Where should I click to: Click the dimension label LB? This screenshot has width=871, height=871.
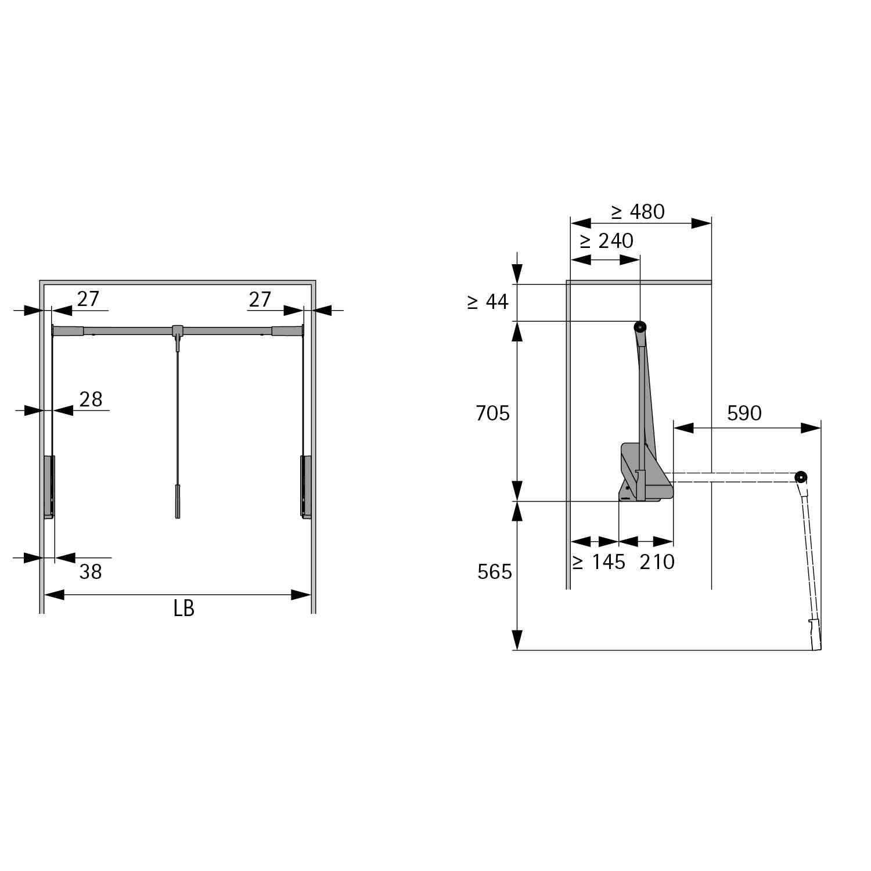click(183, 608)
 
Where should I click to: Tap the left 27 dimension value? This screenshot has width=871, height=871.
click(88, 299)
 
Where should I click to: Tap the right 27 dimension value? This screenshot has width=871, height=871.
click(260, 300)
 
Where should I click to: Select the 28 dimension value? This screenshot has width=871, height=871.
click(91, 399)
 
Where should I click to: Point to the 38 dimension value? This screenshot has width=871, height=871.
click(91, 572)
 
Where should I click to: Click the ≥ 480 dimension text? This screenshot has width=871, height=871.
click(638, 212)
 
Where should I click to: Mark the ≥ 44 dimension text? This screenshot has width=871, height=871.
click(488, 301)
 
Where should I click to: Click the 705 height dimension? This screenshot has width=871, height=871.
click(492, 413)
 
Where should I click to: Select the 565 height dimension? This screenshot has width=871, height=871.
click(495, 572)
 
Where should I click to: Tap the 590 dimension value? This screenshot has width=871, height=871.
click(744, 413)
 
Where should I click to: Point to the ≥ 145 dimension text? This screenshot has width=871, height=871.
click(598, 562)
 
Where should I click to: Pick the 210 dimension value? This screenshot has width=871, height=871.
click(657, 562)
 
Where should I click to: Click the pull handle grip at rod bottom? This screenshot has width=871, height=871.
click(177, 502)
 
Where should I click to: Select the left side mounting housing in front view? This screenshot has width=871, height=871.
click(49, 487)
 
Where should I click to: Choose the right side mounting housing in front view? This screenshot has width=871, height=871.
click(305, 487)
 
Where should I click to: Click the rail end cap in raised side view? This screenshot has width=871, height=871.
click(640, 327)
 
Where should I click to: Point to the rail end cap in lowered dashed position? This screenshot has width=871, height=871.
click(801, 477)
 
